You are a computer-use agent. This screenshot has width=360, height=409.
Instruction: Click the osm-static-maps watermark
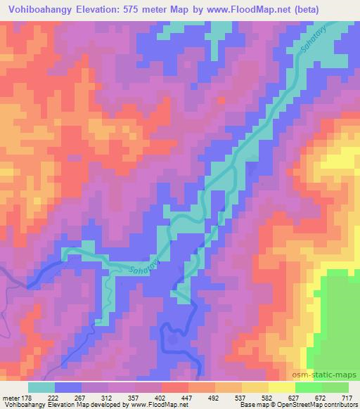click(330, 375)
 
